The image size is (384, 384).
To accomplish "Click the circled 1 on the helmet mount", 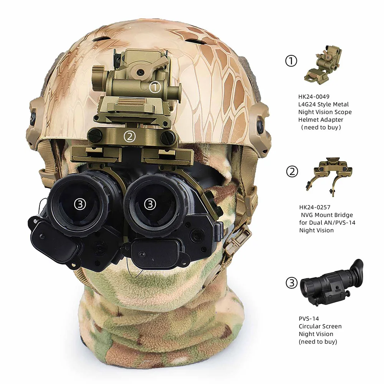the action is point(154,87).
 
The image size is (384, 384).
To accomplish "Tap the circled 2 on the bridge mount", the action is point(129,136).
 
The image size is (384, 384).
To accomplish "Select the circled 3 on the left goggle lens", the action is point(80,204).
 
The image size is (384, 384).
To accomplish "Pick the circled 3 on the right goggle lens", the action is point(150,204).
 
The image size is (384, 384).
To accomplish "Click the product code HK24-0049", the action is point(314,96).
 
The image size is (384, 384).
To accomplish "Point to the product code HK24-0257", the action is point(315,207).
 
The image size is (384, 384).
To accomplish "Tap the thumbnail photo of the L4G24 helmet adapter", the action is point(323,65).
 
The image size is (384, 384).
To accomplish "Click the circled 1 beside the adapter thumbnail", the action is point(291,61).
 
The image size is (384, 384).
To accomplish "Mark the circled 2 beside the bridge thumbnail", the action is point(292,171).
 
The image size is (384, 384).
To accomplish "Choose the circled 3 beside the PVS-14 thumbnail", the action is point(292,283).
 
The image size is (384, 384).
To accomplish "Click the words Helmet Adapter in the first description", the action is point(321,120).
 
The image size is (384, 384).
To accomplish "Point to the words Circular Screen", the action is point(320,326).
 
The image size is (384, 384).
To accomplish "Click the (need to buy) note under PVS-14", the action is point(318,342).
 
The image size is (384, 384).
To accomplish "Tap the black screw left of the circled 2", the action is point(94,134).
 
